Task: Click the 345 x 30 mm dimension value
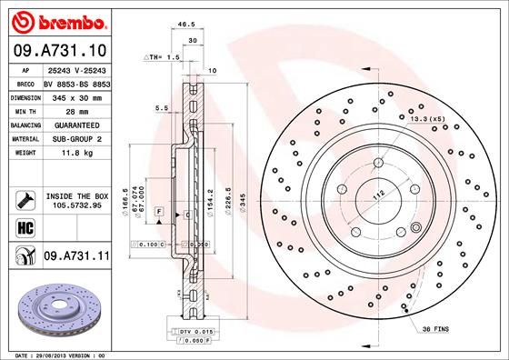tap(73, 95)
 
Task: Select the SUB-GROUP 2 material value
tap(73, 138)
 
